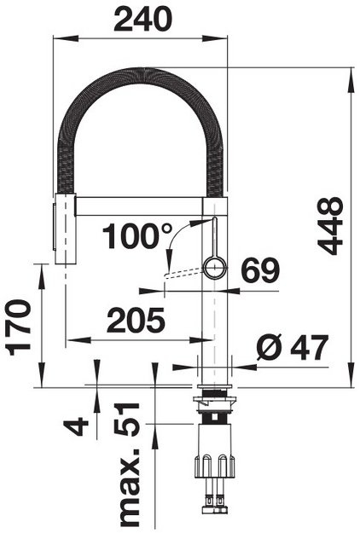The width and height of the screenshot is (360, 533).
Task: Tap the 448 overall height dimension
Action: click(330, 226)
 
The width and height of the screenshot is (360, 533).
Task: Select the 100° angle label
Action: click(137, 236)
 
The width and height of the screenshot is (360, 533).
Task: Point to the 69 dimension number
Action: click(260, 269)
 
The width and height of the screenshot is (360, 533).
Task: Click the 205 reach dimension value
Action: click(136, 320)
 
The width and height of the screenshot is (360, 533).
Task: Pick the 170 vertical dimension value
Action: click(19, 327)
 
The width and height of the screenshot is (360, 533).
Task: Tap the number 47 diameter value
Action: click(309, 347)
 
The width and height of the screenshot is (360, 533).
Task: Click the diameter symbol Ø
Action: click(270, 347)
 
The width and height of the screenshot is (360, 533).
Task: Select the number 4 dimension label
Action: click(76, 426)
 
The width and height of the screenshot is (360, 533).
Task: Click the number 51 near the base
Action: click(126, 420)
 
